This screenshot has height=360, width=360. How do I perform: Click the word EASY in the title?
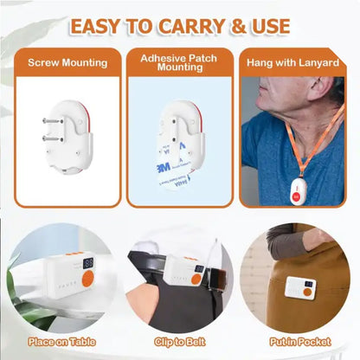coord(99,26)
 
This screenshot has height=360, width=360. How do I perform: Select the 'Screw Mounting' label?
coord(67,62)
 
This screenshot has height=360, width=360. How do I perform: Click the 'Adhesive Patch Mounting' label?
coord(179,62)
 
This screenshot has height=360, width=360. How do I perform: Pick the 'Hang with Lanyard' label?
coord(292,62)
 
